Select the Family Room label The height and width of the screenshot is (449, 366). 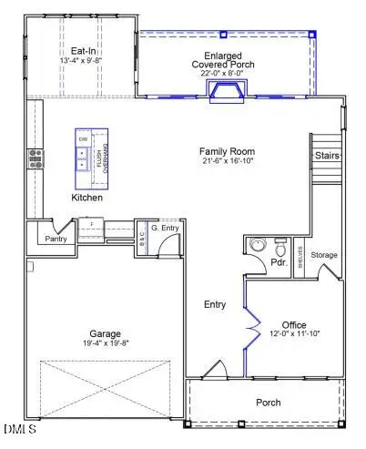tap(229, 151)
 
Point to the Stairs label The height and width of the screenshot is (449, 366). tap(327, 156)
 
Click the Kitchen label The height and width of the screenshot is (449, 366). tap(87, 198)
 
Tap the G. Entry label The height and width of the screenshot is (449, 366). tap(163, 227)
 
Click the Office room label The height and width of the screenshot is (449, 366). tap(294, 325)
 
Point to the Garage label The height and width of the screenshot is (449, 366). tap(105, 333)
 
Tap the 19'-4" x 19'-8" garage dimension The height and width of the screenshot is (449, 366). tap(105, 343)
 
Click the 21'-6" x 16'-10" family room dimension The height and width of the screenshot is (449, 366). tap(229, 161)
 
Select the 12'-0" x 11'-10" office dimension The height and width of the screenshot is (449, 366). tap(294, 335)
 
